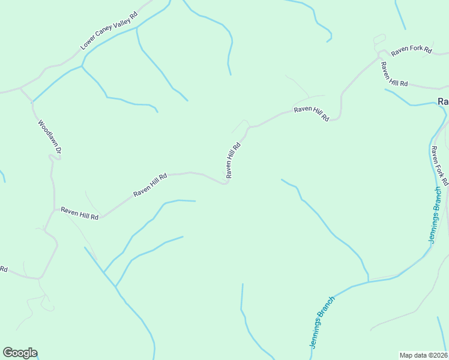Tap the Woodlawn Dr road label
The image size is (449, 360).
(x=49, y=139)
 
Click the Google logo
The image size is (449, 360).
(x=20, y=353)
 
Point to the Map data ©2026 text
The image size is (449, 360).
(x=423, y=355)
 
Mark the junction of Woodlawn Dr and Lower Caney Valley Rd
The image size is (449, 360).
(x=20, y=89)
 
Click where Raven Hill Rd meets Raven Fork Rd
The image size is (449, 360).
(x=380, y=58)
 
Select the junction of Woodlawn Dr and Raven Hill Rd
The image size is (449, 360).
(x=55, y=209)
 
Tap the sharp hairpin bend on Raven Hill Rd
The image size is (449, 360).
(x=227, y=182)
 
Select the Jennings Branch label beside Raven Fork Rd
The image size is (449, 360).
(x=436, y=214)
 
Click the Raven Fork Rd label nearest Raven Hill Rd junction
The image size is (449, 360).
(x=411, y=52)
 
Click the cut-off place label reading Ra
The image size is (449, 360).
(x=443, y=102)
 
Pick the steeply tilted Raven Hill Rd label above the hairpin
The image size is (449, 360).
(x=234, y=160)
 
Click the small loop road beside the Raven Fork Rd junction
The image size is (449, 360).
(x=379, y=41)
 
